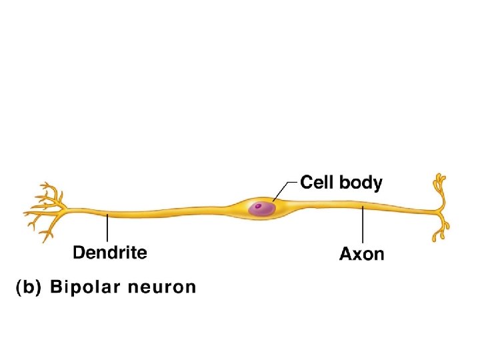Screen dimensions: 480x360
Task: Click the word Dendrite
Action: tap(109, 253)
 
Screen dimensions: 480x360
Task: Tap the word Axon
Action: tap(361, 254)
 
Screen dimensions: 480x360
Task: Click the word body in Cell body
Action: tap(360, 183)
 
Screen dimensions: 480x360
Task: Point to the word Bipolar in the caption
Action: tap(92, 287)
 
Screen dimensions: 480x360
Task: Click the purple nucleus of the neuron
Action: tap(261, 209)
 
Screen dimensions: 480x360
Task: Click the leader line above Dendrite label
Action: tap(107, 228)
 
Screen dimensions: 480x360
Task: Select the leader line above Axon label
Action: tap(361, 226)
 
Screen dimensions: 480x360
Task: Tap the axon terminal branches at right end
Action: tap(439, 210)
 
